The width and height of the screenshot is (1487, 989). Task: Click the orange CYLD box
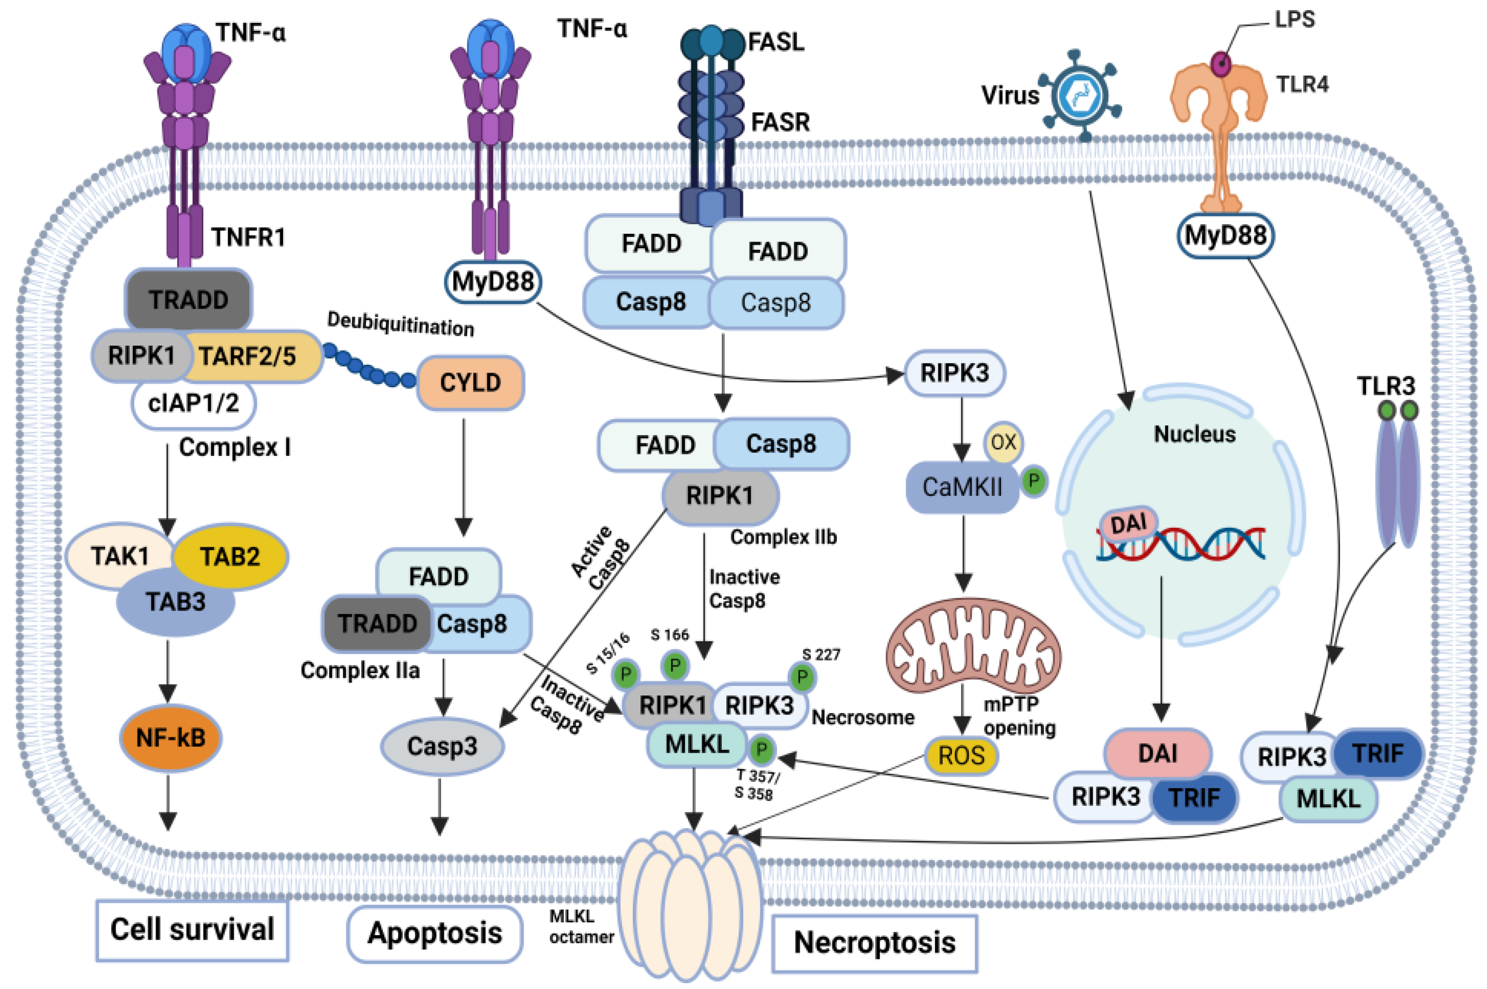[x=470, y=382]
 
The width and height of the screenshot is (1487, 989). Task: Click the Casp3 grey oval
[x=442, y=746]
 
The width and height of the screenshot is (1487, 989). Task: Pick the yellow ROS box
[x=961, y=755]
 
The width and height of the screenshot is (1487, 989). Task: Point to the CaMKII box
[x=962, y=487]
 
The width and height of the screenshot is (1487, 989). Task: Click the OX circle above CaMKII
[x=1004, y=442]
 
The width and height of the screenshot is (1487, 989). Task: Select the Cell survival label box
[x=192, y=930]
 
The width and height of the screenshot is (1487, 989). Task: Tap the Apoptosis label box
[x=435, y=933]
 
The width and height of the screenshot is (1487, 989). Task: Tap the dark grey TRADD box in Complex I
[x=189, y=300]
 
